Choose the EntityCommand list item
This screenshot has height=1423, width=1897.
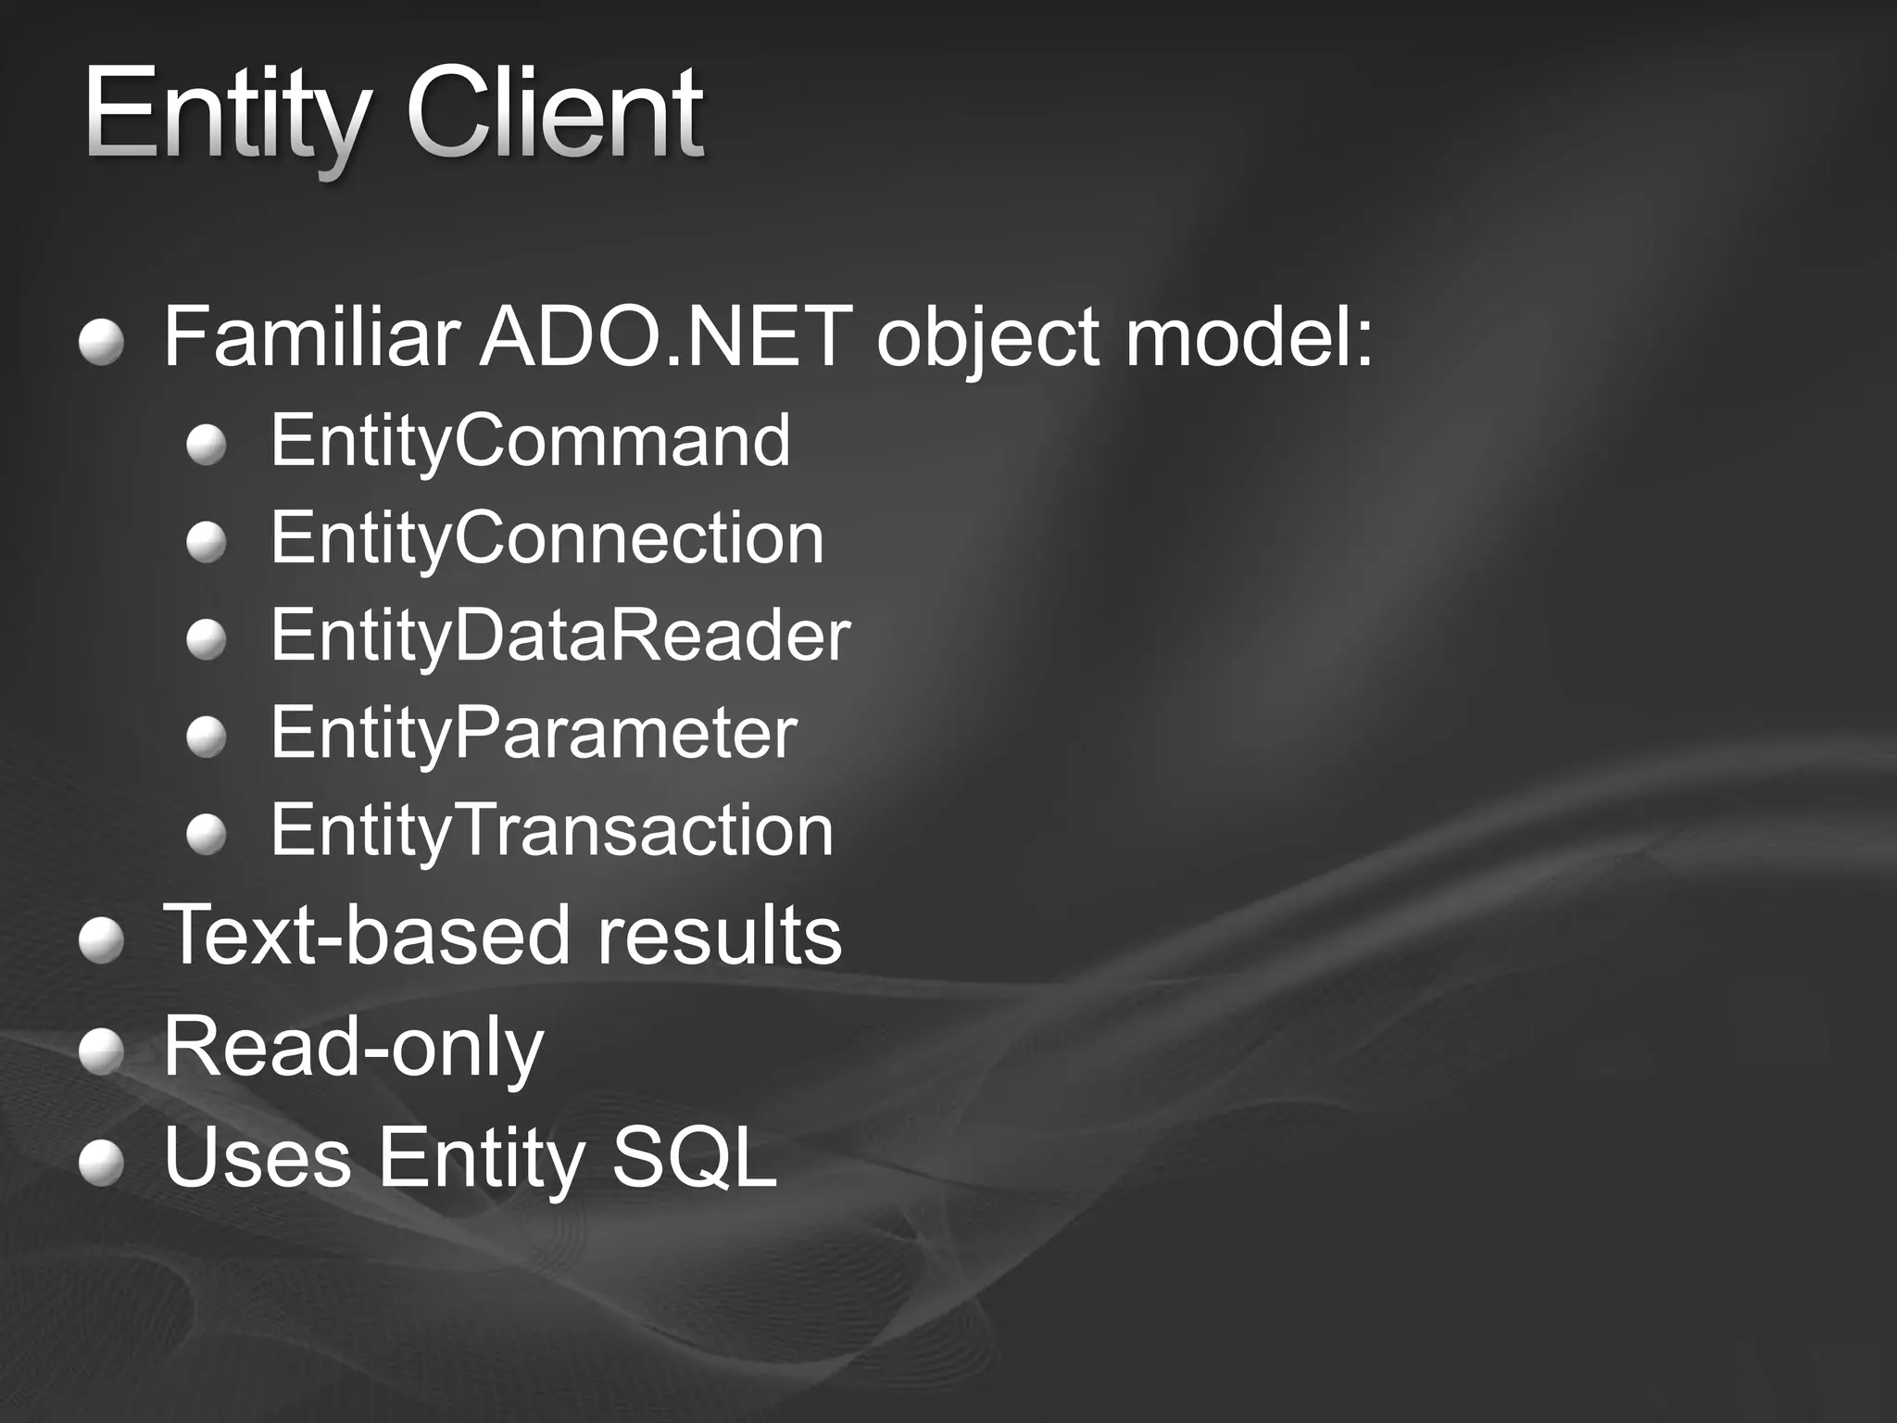(x=531, y=443)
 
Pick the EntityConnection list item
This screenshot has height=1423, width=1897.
(x=546, y=539)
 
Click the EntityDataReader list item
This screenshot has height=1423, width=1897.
(x=560, y=636)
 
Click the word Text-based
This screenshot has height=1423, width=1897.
(x=367, y=936)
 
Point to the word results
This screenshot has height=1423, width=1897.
(x=720, y=936)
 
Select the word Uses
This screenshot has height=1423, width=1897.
(x=258, y=1158)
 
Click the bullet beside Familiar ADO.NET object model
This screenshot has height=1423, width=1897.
(x=101, y=344)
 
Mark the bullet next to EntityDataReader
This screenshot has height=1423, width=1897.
(x=206, y=640)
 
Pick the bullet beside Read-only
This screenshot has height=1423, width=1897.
(x=101, y=1053)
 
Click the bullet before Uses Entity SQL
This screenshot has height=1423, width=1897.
(x=101, y=1164)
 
